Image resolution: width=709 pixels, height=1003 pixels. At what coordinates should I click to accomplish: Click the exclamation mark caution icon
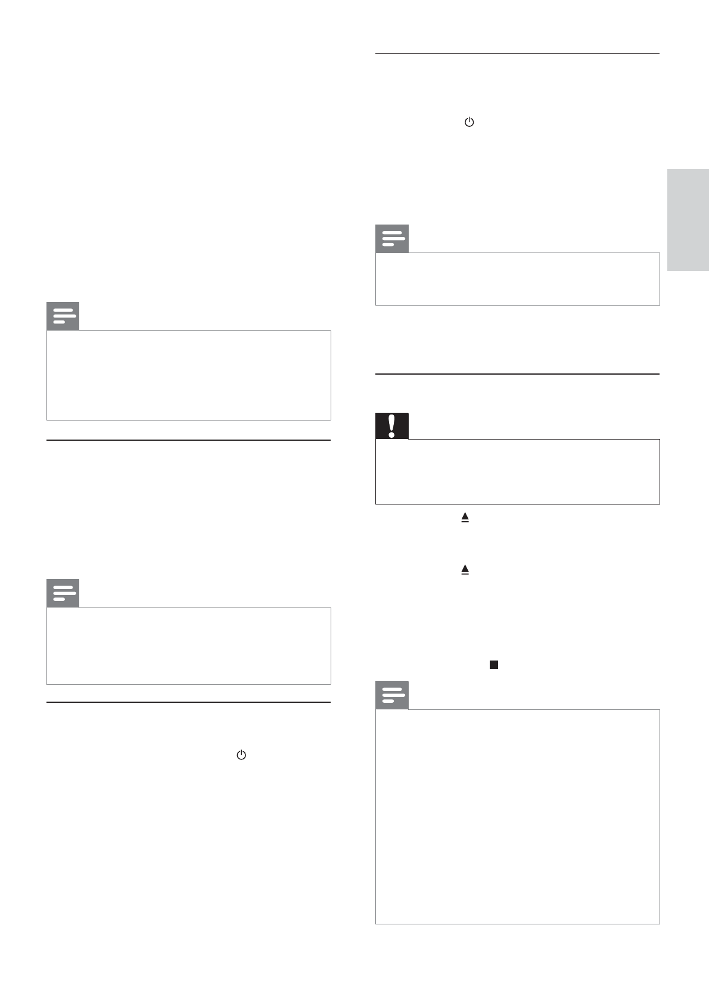click(x=391, y=426)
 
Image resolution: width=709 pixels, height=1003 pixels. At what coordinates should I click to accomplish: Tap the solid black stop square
click(x=493, y=664)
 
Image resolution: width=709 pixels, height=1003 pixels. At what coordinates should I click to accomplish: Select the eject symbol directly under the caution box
click(x=465, y=518)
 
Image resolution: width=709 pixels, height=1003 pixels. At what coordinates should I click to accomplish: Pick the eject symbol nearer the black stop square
click(x=465, y=569)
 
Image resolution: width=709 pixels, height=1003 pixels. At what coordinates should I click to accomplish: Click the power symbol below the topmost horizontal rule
click(x=469, y=122)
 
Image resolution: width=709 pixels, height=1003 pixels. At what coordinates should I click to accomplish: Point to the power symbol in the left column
click(x=241, y=755)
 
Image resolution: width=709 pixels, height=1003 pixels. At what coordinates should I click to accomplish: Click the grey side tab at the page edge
click(x=688, y=220)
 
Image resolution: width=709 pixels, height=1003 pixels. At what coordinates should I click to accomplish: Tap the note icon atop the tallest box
click(x=391, y=695)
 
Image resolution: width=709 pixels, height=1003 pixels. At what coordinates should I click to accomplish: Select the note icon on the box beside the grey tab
click(x=391, y=239)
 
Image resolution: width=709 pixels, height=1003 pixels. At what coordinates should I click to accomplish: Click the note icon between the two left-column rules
click(x=63, y=593)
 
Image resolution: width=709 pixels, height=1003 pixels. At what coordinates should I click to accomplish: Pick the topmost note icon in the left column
click(x=63, y=316)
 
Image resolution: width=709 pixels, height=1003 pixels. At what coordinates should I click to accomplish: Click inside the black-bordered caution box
click(x=517, y=472)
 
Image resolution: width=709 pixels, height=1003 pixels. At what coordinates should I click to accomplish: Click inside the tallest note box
click(x=517, y=816)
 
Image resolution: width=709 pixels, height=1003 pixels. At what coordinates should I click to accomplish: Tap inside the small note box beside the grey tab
click(x=517, y=279)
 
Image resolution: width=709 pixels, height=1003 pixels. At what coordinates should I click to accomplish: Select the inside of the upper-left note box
click(x=188, y=375)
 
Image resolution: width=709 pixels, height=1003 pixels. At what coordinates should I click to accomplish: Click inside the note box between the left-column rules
click(x=188, y=646)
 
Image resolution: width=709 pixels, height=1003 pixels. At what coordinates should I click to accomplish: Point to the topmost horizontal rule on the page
click(x=517, y=54)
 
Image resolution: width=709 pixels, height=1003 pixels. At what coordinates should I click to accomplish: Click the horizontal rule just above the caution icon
click(x=517, y=374)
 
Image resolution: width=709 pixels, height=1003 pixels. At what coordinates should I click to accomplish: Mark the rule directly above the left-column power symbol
click(x=188, y=702)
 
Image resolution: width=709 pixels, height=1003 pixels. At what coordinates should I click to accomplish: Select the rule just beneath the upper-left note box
click(x=188, y=440)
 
